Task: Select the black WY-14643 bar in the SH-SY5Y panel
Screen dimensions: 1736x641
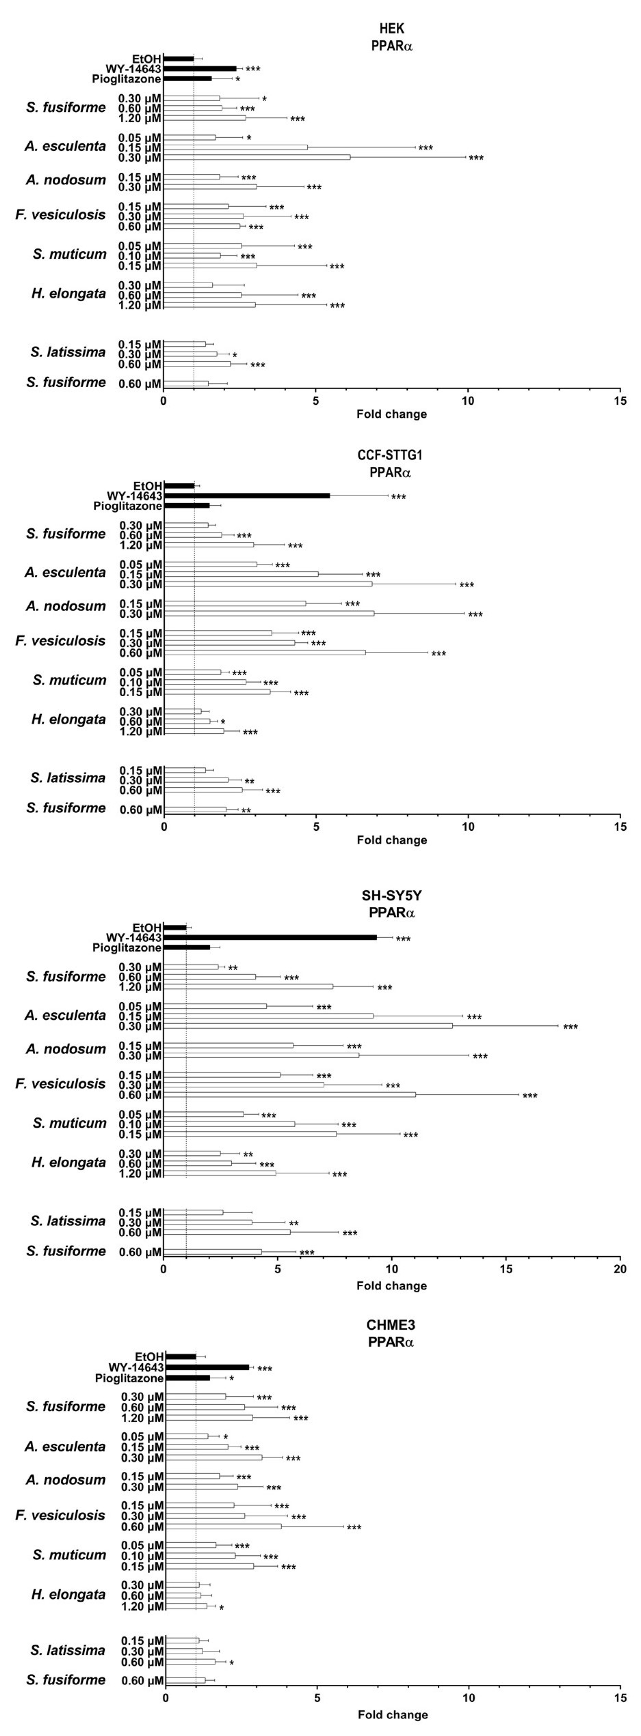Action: (270, 937)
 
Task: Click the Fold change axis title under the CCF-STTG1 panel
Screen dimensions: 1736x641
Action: (392, 840)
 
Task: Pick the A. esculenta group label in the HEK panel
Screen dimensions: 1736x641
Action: (65, 146)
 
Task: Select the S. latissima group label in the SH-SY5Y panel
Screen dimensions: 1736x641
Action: (68, 1221)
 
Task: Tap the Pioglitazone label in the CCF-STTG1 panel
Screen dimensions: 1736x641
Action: (128, 506)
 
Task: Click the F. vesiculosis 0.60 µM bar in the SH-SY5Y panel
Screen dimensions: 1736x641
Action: (290, 1094)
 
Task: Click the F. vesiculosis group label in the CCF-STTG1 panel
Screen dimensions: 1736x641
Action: (61, 641)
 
